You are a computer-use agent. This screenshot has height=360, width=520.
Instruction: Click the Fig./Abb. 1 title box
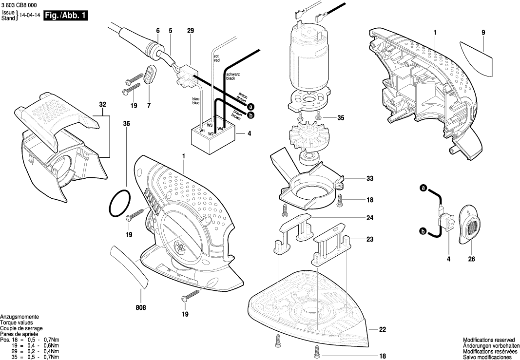tap(66, 16)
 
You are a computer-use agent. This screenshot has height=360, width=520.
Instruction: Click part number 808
tap(141, 307)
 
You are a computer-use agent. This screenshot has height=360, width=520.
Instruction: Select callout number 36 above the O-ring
tap(127, 124)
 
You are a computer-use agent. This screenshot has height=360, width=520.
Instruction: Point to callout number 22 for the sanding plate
tap(382, 330)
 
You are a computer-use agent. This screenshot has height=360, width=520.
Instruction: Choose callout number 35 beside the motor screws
tap(341, 117)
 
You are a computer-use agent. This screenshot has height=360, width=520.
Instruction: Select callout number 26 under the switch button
tap(471, 259)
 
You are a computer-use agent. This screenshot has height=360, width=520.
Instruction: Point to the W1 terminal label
tap(201, 131)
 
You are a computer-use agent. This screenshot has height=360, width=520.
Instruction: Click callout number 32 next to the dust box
tap(102, 105)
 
